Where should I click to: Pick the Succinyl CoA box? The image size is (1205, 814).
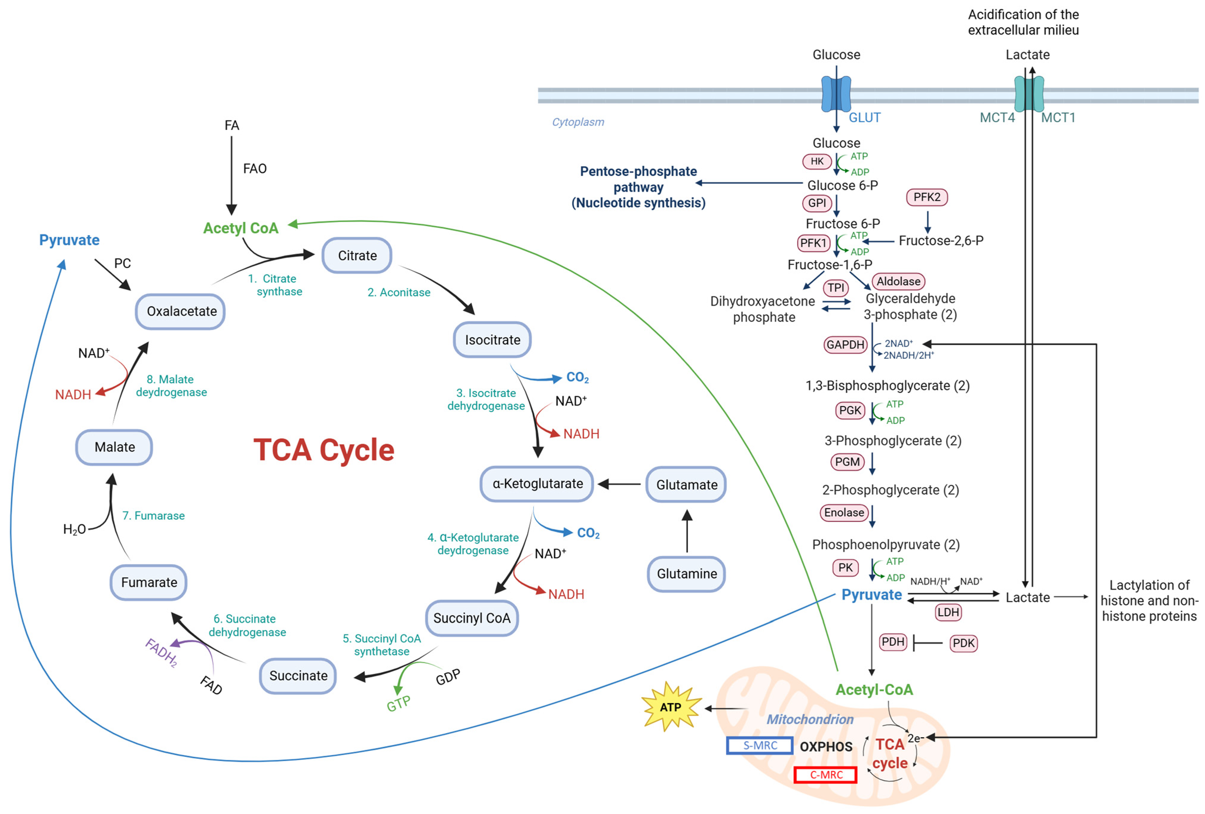pyautogui.click(x=472, y=618)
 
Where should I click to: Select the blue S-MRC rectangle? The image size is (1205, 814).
pyautogui.click(x=760, y=746)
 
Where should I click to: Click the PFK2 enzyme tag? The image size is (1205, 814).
pyautogui.click(x=927, y=197)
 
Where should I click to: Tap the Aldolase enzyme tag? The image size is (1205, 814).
pyautogui.click(x=899, y=281)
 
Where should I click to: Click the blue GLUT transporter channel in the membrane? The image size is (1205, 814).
pyautogui.click(x=836, y=94)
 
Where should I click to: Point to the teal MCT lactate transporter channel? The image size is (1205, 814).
pyautogui.click(x=1029, y=94)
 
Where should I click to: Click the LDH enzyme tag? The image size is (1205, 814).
pyautogui.click(x=948, y=612)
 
